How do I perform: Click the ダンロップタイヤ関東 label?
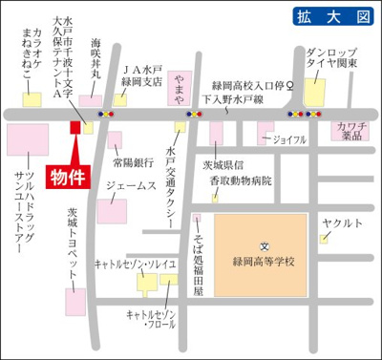click(332, 56)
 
